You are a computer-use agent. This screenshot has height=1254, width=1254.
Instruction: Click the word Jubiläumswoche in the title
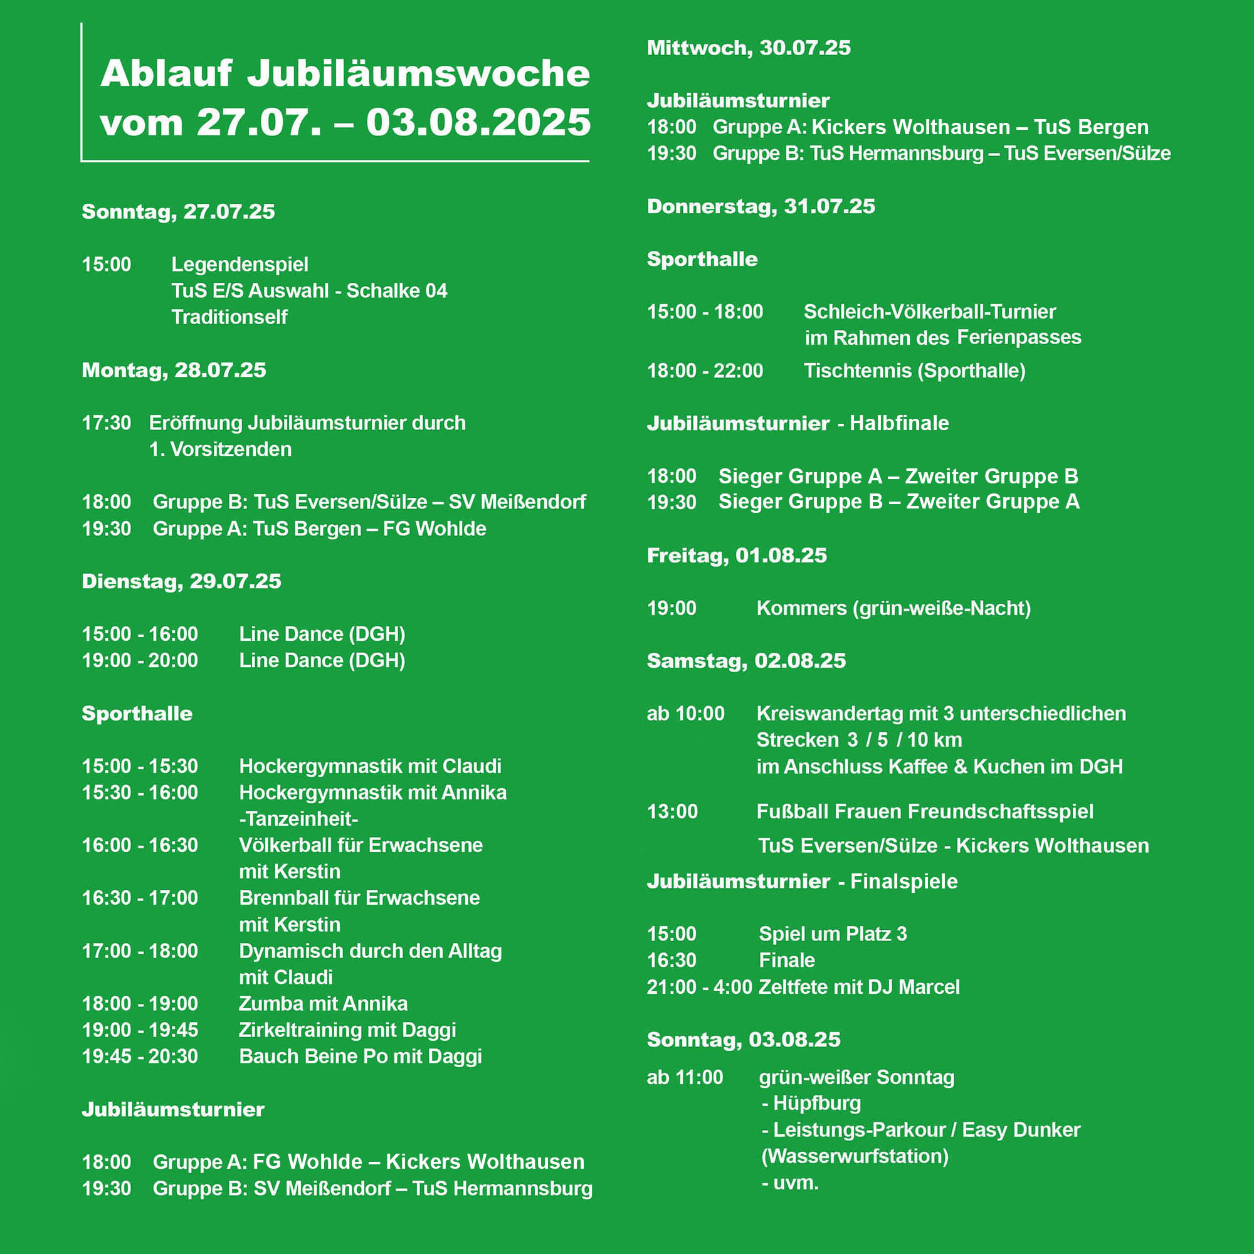[x=418, y=73]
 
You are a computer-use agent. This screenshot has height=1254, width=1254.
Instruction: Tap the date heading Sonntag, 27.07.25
[x=178, y=211]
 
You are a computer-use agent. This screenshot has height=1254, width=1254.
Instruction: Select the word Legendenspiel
[x=240, y=264]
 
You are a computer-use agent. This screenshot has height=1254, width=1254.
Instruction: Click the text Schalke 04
[x=397, y=290]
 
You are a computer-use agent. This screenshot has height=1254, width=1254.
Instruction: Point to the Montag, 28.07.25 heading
[x=173, y=370]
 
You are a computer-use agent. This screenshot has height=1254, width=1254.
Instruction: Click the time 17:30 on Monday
[x=107, y=423]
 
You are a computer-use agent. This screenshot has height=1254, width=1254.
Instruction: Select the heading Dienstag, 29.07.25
[x=181, y=581]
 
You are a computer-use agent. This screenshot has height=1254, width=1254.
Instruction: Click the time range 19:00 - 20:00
[x=140, y=660]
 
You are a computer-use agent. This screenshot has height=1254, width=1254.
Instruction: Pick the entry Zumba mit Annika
[x=324, y=1003]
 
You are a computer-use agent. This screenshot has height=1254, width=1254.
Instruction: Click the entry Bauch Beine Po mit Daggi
[x=361, y=1056]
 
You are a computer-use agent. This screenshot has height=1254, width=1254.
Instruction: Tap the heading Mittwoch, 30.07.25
[x=749, y=48]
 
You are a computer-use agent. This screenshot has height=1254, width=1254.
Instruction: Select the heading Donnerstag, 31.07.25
[x=761, y=206]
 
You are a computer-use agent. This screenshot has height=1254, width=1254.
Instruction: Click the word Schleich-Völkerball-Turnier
[x=929, y=312]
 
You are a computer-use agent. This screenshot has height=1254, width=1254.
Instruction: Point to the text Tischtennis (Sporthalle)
[x=915, y=371]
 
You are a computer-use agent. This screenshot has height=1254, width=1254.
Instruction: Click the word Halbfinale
[x=899, y=423]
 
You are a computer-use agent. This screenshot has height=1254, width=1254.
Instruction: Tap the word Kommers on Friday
[x=801, y=608]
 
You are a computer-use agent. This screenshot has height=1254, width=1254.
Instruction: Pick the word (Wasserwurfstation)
[x=855, y=1156]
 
